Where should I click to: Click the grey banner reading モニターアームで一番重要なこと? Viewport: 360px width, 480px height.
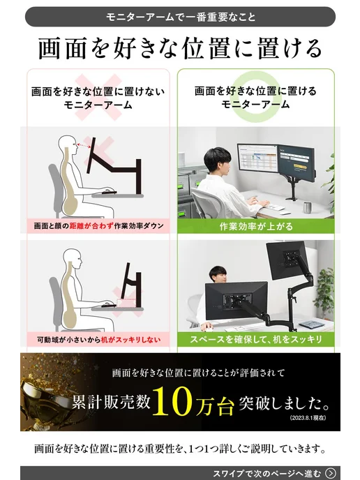click(x=180, y=17)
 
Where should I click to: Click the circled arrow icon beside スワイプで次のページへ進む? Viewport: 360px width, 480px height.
click(x=331, y=473)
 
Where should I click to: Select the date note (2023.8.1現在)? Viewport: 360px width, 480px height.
click(x=308, y=418)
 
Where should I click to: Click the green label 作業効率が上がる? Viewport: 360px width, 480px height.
click(x=256, y=227)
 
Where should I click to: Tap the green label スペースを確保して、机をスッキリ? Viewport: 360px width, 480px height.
click(x=256, y=339)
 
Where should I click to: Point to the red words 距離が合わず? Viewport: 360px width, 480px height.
click(x=91, y=226)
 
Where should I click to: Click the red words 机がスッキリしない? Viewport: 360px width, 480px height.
click(x=130, y=340)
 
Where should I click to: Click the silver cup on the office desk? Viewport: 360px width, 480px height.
click(x=307, y=207)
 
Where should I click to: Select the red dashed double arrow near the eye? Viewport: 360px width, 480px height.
click(x=84, y=145)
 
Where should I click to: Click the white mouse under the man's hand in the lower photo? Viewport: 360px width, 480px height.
click(x=209, y=329)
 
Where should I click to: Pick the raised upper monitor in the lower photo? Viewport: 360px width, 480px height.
click(x=286, y=260)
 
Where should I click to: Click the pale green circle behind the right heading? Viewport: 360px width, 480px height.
click(x=255, y=97)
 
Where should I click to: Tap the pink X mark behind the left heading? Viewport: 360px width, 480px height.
click(x=98, y=98)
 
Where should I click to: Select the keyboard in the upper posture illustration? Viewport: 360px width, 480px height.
click(x=109, y=193)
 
